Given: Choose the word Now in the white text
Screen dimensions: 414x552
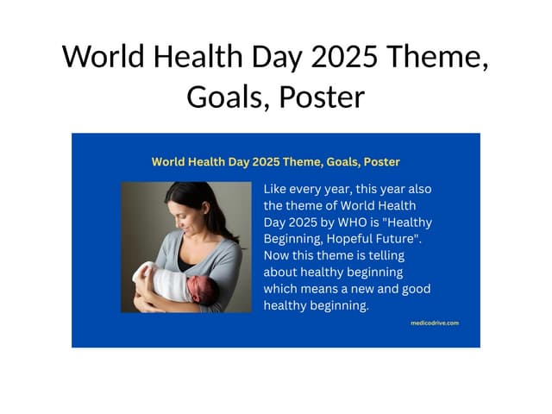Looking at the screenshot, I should click(278, 255).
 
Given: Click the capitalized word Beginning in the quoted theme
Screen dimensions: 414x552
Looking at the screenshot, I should click(294, 238).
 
